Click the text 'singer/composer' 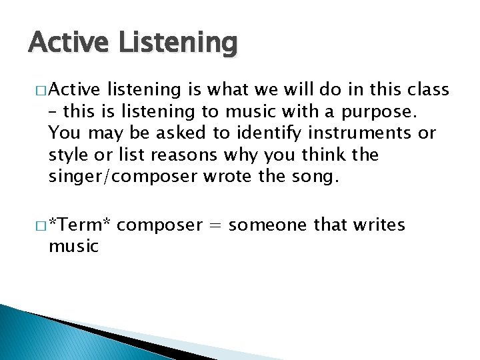pyautogui.click(x=124, y=177)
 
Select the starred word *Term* pyautogui.click(x=79, y=225)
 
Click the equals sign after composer pyautogui.click(x=215, y=225)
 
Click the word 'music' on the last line pyautogui.click(x=73, y=247)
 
